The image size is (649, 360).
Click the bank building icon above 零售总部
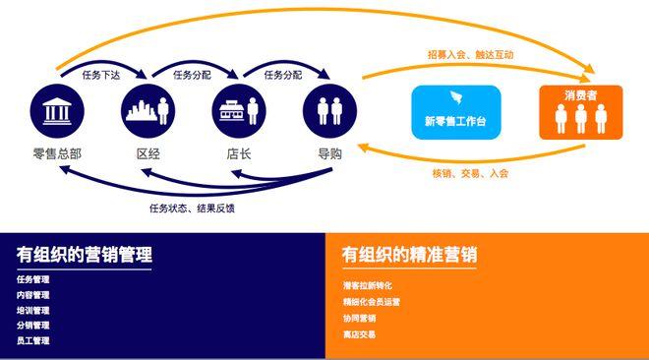[x=57, y=111]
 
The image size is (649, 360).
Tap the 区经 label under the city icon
[x=148, y=154]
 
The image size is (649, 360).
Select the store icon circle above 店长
[x=239, y=111]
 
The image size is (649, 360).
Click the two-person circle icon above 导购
[x=329, y=111]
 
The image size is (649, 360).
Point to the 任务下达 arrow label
[x=101, y=75]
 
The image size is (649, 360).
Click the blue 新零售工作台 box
[x=456, y=112]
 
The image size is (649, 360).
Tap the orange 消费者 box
[x=581, y=112]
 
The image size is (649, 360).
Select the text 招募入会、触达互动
[x=471, y=55]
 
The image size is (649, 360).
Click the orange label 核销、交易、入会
[x=470, y=173]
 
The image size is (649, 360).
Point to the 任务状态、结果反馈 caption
[x=192, y=208]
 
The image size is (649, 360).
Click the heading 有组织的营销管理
[x=85, y=254]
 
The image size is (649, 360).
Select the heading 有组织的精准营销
[x=410, y=254]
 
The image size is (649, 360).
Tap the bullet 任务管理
[x=33, y=279]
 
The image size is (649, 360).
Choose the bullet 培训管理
[x=33, y=311]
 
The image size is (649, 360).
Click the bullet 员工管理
[x=33, y=340]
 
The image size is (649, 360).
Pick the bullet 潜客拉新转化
[x=368, y=285]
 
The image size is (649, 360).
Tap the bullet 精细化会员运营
[x=372, y=302]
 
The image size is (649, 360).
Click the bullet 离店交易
[x=359, y=334]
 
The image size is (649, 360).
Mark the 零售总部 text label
[x=57, y=154]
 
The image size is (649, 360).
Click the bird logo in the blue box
[x=456, y=97]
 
